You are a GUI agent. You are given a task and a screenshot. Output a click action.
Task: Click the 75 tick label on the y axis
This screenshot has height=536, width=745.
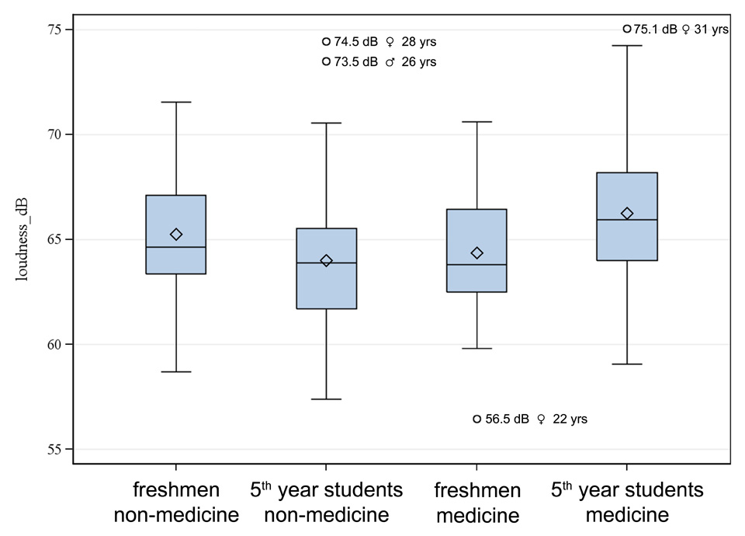pos(57,30)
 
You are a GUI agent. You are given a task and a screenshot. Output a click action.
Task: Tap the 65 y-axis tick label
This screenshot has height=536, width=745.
pos(57,239)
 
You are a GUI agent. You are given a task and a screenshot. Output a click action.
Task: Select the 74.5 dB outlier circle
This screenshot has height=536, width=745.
pos(326,41)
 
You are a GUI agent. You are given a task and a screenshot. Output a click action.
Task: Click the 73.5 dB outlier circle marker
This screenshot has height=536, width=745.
pos(326,61)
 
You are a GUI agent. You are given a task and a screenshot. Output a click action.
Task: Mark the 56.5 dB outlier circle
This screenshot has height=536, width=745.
pos(477,419)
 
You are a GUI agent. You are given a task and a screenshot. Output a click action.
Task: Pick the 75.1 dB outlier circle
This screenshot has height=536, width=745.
pos(627,29)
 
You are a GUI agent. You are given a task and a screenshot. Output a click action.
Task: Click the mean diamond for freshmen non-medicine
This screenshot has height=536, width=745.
pos(176,234)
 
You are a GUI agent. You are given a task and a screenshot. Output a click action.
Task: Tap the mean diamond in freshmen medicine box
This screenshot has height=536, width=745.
pos(477,253)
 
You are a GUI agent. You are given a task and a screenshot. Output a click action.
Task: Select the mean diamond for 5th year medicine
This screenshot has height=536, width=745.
pos(627,214)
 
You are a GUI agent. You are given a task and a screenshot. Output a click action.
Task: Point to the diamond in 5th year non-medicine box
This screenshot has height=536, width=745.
pos(326,261)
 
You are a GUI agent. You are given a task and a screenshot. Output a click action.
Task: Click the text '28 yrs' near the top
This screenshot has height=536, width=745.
pos(424,41)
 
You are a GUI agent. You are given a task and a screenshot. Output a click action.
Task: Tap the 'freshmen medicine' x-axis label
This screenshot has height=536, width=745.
pos(477,503)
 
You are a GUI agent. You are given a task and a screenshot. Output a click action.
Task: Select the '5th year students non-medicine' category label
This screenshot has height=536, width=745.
pos(326,503)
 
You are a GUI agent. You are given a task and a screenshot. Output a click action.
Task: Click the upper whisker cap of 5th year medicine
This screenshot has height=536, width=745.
pos(627,46)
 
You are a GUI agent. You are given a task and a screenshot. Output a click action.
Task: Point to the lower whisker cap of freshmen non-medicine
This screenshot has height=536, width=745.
pos(176,372)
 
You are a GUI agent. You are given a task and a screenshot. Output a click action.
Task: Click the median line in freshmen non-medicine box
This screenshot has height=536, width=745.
pos(176,247)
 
